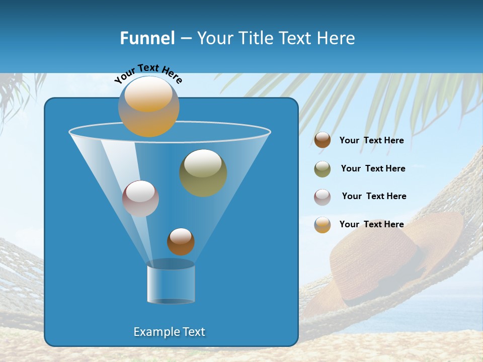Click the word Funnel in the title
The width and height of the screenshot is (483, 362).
[x=147, y=38]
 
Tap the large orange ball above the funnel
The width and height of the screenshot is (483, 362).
[x=149, y=107]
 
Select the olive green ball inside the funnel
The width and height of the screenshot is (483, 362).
[x=203, y=173]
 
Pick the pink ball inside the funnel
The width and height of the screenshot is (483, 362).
[x=140, y=199]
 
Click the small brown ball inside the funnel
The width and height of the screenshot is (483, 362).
[x=181, y=241]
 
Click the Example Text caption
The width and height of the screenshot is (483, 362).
[x=170, y=332]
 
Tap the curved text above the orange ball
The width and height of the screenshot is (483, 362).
[x=148, y=73]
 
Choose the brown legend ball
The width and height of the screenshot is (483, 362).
[x=323, y=140]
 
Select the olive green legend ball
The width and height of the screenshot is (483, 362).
[x=323, y=169]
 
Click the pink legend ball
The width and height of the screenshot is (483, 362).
[x=323, y=197]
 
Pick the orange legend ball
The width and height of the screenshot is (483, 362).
[x=323, y=225]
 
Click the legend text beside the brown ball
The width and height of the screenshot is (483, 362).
[x=371, y=140]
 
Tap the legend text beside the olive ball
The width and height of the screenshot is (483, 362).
[x=373, y=168]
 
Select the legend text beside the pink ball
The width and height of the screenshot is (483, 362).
[x=374, y=196]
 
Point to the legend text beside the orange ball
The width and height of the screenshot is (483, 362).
[x=371, y=224]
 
